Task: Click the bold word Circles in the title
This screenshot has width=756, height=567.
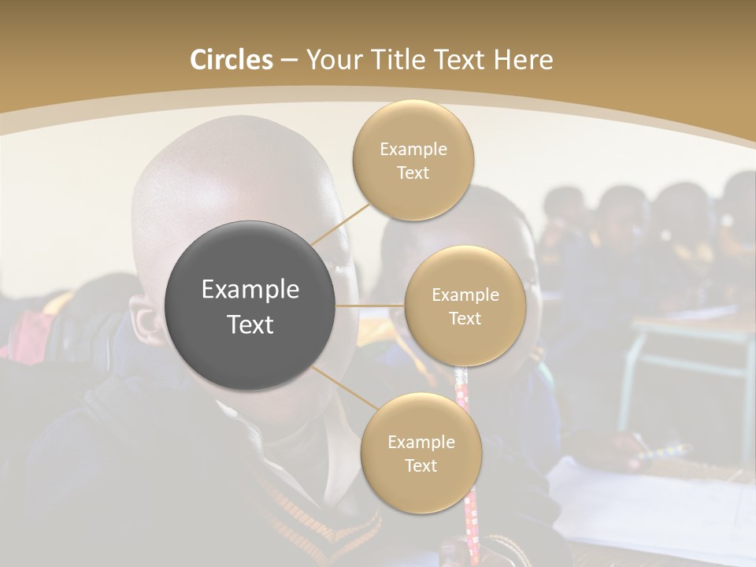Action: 232,60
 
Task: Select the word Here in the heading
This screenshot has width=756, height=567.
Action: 524,60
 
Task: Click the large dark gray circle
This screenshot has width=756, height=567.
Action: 250,306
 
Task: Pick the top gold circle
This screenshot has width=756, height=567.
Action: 413,161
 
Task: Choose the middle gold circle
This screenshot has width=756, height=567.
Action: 465,306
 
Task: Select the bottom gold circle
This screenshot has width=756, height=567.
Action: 421,454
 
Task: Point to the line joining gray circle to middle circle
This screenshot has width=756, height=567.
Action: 370,306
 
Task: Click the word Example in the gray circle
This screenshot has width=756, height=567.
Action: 250,290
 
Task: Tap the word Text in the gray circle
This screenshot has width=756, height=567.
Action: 250,324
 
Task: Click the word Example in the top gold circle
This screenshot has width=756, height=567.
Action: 413,150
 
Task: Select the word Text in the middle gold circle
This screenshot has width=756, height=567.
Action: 465,318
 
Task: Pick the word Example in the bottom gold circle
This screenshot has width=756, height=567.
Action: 421,442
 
